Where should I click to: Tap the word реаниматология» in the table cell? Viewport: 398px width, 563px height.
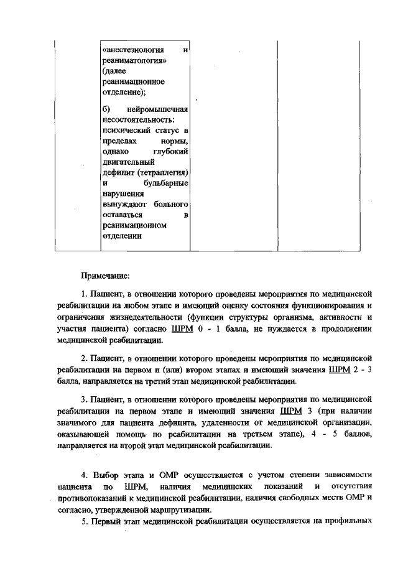[132, 60]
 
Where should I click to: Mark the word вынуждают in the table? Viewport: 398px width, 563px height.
[123, 204]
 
